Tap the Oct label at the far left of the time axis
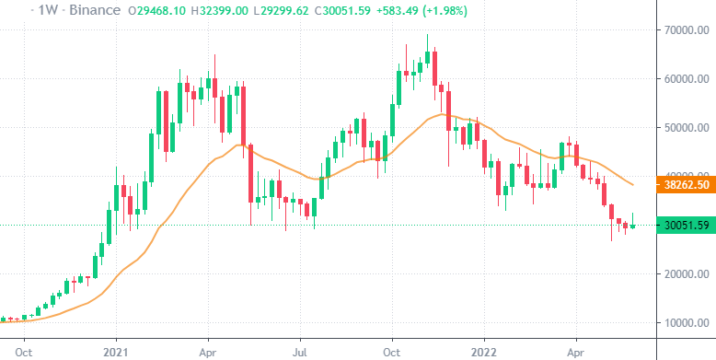25,351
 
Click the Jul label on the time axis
300,351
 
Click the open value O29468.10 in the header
160,10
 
